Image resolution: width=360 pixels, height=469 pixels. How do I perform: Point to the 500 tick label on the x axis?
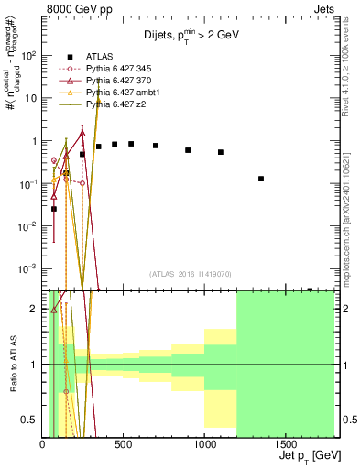124,444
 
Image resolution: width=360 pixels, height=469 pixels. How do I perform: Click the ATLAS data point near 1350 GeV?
261,179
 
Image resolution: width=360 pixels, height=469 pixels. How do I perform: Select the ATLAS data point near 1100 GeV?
221,152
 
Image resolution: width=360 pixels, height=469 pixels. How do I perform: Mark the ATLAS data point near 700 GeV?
156,146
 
